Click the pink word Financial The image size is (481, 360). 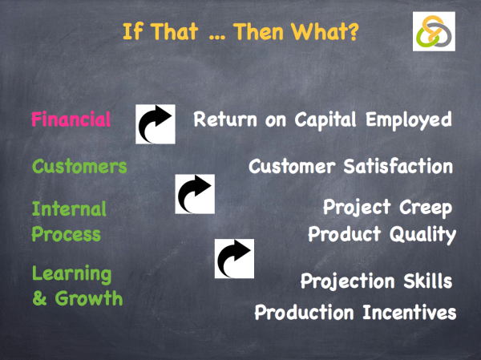(x=71, y=120)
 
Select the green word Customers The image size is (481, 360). (x=79, y=167)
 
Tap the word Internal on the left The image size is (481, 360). (x=69, y=210)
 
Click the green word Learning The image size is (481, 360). (x=71, y=274)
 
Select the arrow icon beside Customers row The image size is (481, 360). (x=195, y=194)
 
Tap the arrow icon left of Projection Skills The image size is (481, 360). (x=234, y=258)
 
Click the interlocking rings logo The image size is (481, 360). (x=434, y=32)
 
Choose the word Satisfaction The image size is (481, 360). (x=399, y=167)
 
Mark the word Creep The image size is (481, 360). (x=424, y=208)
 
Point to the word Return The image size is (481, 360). (x=224, y=120)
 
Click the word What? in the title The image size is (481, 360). (x=323, y=33)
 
